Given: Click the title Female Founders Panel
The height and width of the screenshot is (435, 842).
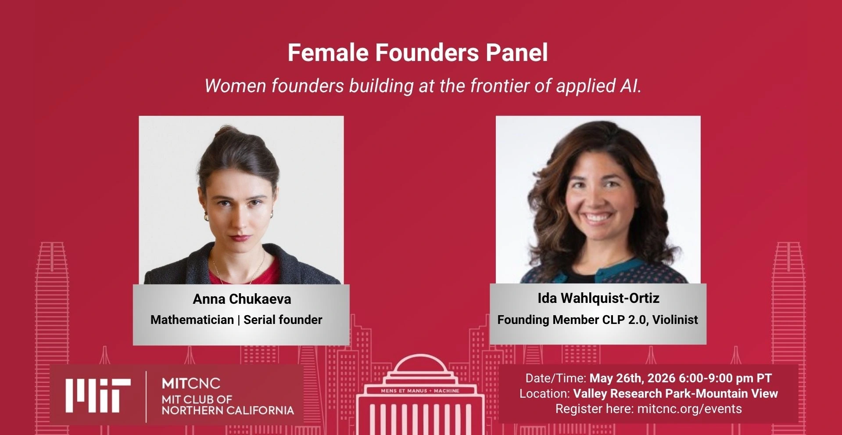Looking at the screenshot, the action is click(418, 53).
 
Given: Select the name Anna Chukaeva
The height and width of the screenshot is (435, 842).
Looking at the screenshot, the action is click(242, 299).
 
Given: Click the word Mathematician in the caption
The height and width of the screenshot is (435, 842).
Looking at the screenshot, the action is click(192, 320).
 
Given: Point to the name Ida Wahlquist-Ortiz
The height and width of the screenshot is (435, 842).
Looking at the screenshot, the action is click(598, 298).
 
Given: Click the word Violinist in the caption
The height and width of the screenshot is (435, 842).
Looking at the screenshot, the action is click(675, 320).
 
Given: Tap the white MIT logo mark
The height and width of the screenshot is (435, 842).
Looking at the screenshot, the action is click(98, 395).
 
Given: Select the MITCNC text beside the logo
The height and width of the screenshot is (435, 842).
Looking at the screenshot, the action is click(191, 384).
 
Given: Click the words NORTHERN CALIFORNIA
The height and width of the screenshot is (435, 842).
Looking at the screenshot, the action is click(228, 410).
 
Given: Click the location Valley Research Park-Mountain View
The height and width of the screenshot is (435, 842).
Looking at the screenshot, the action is click(676, 393).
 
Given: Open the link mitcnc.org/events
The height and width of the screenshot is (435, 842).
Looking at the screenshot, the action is click(689, 409).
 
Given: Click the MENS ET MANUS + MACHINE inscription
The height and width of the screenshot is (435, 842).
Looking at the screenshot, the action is click(420, 391).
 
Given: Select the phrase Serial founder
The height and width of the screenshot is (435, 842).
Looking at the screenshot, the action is click(283, 320).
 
